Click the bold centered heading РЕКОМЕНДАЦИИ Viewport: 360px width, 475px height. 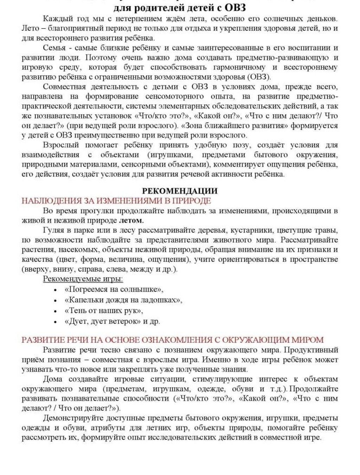(180, 191)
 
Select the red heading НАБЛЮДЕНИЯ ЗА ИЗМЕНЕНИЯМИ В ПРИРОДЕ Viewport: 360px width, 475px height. (116, 201)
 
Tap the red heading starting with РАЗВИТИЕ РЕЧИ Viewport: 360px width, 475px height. (172, 340)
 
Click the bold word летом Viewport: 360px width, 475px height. (131, 221)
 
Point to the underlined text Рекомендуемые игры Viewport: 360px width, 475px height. (83, 279)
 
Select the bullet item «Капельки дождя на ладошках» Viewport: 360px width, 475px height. (123, 300)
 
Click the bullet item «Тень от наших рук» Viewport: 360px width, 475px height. (104, 311)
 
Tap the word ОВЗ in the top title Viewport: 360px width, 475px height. (233, 7)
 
